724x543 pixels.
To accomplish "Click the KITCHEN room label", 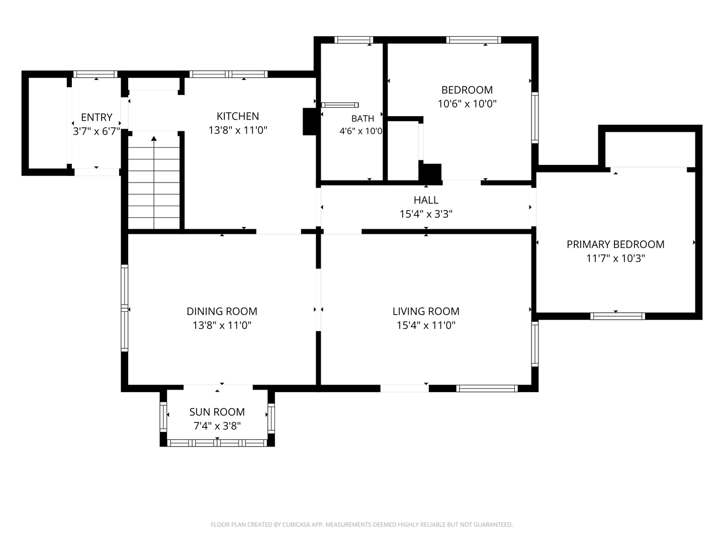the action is tap(237, 116).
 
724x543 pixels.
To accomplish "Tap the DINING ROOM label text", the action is tap(222, 311).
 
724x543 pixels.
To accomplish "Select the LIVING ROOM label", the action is tap(426, 311).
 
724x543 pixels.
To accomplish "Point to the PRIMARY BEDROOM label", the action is tap(615, 244).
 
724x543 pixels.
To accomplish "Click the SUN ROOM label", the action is tap(217, 412).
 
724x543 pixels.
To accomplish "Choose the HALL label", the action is tap(426, 200).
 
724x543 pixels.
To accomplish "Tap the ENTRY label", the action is tap(97, 117).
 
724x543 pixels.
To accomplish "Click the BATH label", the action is tap(363, 118).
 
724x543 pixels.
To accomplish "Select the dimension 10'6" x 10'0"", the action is tap(467, 104).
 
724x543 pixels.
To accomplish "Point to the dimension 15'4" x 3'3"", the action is tap(426, 214).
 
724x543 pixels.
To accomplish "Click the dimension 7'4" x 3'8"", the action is tap(217, 426).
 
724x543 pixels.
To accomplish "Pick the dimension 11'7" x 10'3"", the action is tap(615, 258).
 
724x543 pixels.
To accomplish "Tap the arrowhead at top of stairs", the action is tap(154, 138).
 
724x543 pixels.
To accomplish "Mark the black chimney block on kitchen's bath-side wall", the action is tap(310, 121).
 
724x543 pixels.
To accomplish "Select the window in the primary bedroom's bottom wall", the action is tap(617, 316).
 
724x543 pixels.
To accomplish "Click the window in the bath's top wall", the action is tap(353, 40).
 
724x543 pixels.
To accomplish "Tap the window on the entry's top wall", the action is tap(95, 74).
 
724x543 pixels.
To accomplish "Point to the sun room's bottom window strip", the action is tap(217, 443).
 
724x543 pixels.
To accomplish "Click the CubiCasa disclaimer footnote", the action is tap(362, 524).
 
